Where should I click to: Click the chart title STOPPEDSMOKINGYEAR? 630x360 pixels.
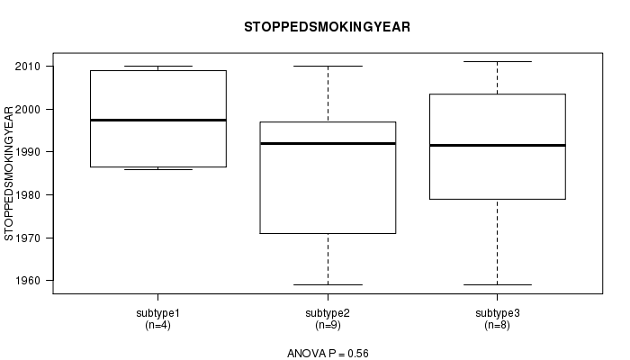pos(327,27)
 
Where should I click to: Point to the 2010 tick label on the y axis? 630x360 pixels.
pos(27,67)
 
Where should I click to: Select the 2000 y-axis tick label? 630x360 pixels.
pos(27,109)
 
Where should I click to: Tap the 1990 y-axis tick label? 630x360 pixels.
pos(27,152)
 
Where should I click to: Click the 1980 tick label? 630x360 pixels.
pos(27,195)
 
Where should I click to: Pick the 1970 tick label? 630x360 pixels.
pos(27,238)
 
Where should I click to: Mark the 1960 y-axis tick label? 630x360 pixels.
pos(27,281)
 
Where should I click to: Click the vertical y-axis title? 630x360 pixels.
pos(8,173)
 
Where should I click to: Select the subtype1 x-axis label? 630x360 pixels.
pos(157,313)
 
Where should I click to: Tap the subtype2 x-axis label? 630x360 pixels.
pos(328,313)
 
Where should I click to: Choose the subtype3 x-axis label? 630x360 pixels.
pos(498,313)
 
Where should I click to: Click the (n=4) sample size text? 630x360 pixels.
pos(157,325)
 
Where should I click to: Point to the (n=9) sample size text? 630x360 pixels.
pos(328,325)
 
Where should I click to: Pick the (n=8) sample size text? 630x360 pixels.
pos(498,325)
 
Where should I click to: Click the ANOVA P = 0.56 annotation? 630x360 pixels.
pos(328,354)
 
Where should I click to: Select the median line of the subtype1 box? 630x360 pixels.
pos(158,120)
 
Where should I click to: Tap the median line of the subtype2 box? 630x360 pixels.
pos(328,143)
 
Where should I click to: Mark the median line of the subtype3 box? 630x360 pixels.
pos(498,145)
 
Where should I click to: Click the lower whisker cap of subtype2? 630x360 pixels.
pos(328,285)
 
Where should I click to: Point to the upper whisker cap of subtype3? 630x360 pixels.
pos(498,61)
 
